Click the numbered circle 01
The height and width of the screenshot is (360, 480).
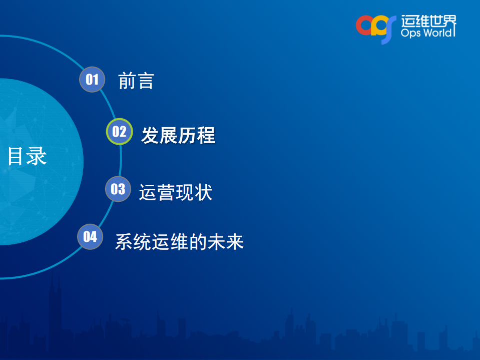[92, 80]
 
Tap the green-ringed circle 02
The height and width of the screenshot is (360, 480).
[119, 132]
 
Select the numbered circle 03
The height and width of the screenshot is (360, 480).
[118, 189]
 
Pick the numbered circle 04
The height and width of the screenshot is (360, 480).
[90, 236]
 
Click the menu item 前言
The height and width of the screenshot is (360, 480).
[136, 81]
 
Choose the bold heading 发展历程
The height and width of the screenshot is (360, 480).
[178, 135]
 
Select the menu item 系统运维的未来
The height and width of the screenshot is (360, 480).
[179, 241]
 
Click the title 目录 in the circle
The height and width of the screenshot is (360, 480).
[27, 156]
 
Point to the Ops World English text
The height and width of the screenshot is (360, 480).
[428, 33]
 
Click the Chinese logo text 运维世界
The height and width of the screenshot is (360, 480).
[429, 21]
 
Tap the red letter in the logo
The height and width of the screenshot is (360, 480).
[364, 26]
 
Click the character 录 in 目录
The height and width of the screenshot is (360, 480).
[37, 156]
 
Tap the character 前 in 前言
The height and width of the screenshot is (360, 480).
[127, 81]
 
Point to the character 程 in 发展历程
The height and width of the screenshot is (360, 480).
[206, 135]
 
